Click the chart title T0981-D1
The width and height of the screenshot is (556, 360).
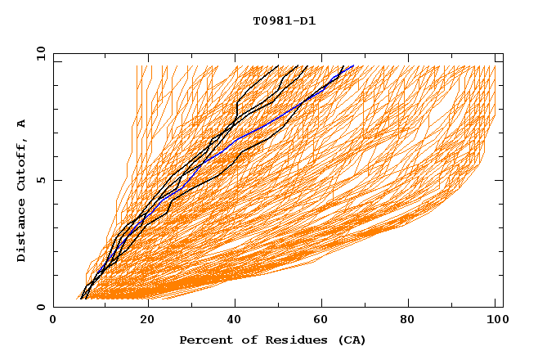284,21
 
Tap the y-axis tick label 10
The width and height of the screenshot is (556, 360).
40,53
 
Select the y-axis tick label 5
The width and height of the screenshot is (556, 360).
40,180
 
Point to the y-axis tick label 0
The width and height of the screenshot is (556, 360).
40,307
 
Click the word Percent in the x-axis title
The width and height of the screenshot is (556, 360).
204,340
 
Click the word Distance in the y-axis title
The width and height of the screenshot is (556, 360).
22,232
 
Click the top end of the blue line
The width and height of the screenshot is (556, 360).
354,65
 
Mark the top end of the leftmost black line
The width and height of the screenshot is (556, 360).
278,65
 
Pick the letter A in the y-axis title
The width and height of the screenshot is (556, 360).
22,124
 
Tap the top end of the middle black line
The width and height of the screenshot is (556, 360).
307,65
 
